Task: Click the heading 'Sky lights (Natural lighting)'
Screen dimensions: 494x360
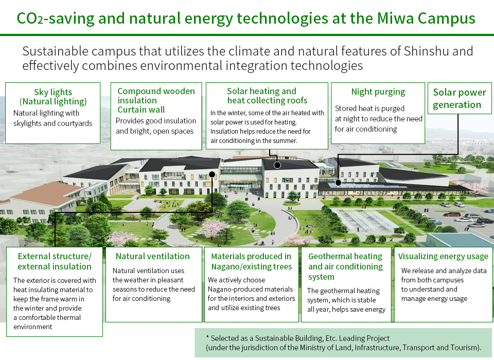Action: click(x=53, y=97)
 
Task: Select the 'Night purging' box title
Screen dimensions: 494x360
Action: click(x=378, y=92)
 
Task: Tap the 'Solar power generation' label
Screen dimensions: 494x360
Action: click(x=460, y=98)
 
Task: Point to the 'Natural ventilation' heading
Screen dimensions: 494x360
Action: click(x=153, y=256)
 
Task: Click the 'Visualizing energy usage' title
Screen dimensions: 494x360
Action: click(x=443, y=257)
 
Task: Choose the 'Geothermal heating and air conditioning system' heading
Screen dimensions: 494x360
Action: click(x=345, y=266)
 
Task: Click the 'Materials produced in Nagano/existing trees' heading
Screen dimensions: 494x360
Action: click(x=252, y=261)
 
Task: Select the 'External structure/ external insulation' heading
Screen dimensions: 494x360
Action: click(x=55, y=261)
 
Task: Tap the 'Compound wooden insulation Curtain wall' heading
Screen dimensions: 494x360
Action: click(x=156, y=100)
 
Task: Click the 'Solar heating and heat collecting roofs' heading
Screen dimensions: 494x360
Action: click(x=267, y=96)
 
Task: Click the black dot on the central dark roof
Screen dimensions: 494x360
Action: click(x=277, y=165)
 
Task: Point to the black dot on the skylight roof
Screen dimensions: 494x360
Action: click(x=338, y=183)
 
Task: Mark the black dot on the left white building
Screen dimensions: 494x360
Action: click(x=212, y=174)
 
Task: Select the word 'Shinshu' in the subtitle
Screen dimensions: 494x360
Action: click(x=423, y=51)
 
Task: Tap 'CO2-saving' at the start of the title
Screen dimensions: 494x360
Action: click(x=56, y=19)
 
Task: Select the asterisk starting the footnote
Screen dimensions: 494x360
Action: click(x=207, y=337)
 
